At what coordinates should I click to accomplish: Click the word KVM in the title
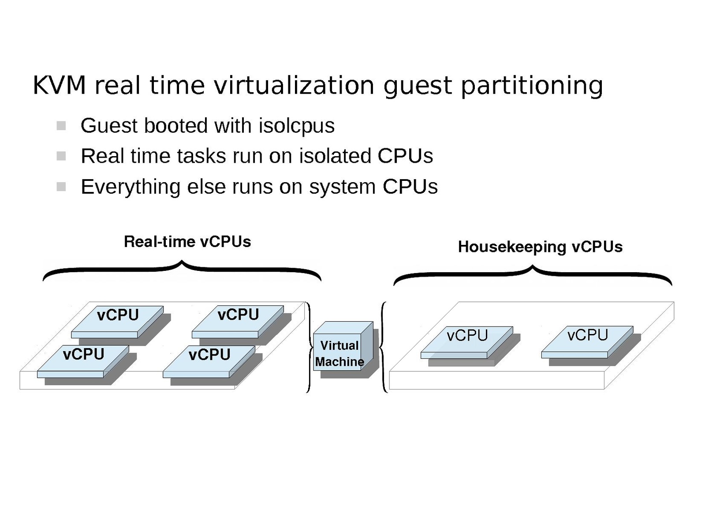tap(59, 85)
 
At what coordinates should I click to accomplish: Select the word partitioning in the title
tap(532, 85)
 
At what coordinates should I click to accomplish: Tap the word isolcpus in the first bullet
tap(297, 126)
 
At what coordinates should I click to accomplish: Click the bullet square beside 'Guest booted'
tap(61, 126)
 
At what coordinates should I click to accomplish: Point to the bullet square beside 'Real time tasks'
tap(61, 156)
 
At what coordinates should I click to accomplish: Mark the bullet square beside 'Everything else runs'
tap(61, 187)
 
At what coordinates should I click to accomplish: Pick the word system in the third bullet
tap(342, 187)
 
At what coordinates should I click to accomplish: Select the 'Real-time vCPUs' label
tap(187, 242)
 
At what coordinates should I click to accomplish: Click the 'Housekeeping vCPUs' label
tap(540, 247)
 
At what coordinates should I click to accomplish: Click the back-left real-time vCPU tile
tap(117, 320)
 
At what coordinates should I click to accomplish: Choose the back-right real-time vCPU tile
tap(238, 320)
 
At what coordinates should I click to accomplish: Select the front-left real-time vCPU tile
tap(83, 360)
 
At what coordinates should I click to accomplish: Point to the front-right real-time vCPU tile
tap(209, 360)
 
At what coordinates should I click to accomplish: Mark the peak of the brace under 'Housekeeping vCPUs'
tap(533, 268)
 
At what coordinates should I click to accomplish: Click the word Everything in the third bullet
tap(131, 187)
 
